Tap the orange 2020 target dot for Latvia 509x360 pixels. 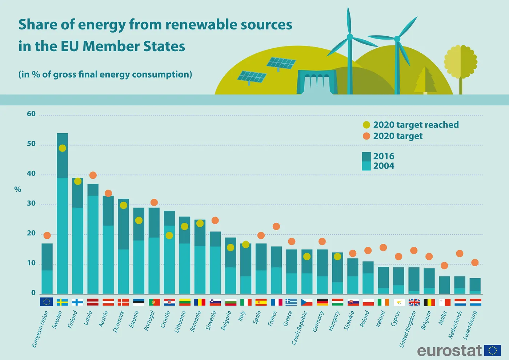click(x=93, y=175)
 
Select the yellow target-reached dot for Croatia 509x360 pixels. click(x=169, y=235)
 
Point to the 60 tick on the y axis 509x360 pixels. click(x=31, y=114)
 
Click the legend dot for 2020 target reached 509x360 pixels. click(x=366, y=125)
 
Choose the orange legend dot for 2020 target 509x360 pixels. click(x=366, y=136)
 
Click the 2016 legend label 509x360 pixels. click(x=384, y=156)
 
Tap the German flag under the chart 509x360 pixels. click(x=322, y=302)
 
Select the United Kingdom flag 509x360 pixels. click(x=414, y=302)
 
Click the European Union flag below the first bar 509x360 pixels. click(x=47, y=302)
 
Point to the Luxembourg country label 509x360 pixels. click(x=470, y=325)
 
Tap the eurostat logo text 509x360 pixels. click(x=449, y=351)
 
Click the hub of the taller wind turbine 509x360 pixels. click(x=350, y=37)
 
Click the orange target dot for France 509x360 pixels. click(x=276, y=226)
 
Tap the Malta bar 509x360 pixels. click(x=444, y=285)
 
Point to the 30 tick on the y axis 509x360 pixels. click(x=31, y=203)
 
